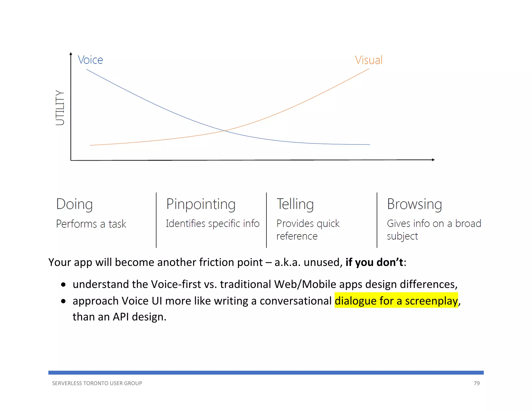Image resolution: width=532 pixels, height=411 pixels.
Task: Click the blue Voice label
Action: click(x=90, y=60)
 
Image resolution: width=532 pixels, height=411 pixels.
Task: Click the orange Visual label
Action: click(x=369, y=60)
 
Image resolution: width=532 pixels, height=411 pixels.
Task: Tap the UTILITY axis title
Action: click(x=60, y=108)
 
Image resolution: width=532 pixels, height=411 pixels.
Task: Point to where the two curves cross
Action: click(x=224, y=131)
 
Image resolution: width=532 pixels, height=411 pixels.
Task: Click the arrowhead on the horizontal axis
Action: click(x=433, y=160)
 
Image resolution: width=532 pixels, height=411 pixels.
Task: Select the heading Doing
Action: click(x=74, y=204)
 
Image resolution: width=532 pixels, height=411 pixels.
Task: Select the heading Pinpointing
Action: click(x=201, y=204)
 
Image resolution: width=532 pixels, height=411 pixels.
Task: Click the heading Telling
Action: click(x=295, y=204)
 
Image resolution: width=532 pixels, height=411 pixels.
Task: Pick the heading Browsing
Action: click(x=414, y=204)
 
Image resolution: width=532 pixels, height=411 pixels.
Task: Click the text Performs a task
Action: click(x=91, y=224)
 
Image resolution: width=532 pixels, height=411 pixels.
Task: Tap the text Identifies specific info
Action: click(x=212, y=223)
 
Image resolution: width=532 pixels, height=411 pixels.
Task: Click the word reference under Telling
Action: click(x=297, y=236)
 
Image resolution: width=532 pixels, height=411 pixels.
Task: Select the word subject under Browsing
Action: click(x=402, y=236)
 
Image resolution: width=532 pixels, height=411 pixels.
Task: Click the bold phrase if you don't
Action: click(x=374, y=262)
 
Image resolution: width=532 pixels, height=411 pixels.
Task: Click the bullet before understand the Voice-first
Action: click(x=63, y=285)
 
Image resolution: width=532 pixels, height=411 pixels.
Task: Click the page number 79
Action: click(x=476, y=383)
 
